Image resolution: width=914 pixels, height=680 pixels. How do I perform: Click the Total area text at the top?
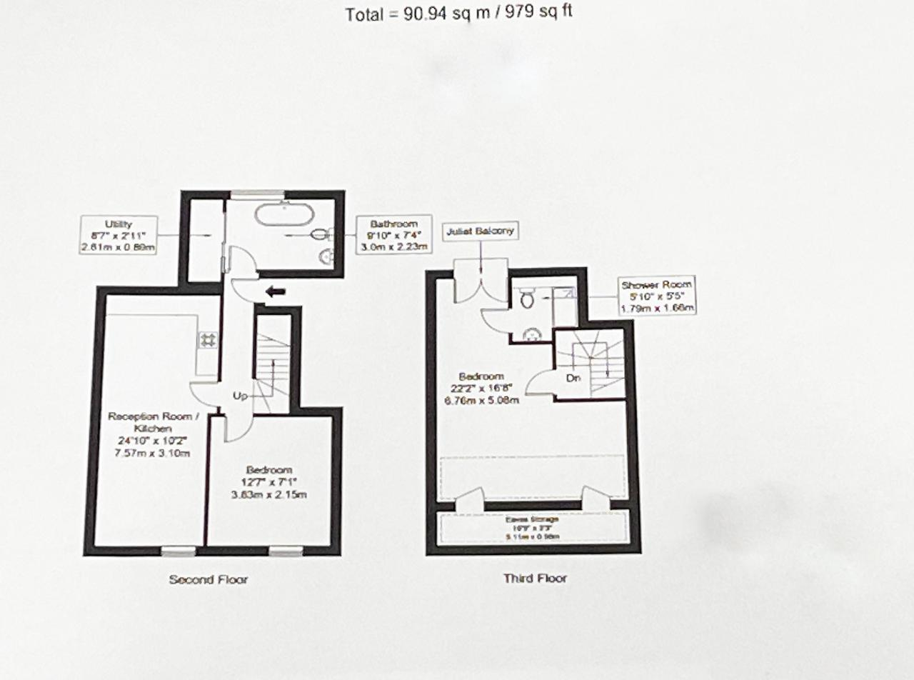pyautogui.click(x=458, y=13)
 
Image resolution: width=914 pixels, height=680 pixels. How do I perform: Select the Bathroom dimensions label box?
pyautogui.click(x=396, y=235)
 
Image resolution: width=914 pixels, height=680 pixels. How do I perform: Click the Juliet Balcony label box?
pyautogui.click(x=481, y=231)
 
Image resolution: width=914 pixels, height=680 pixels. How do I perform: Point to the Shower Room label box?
pyautogui.click(x=656, y=296)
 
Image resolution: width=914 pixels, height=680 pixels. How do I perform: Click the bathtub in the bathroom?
pyautogui.click(x=283, y=214)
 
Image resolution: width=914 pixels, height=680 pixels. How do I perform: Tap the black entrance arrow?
pyautogui.click(x=275, y=291)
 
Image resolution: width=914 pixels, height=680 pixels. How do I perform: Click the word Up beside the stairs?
pyautogui.click(x=240, y=395)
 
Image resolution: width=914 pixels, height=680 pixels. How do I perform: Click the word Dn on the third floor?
pyautogui.click(x=573, y=378)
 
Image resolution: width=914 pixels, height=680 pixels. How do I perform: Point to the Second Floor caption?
pyautogui.click(x=208, y=579)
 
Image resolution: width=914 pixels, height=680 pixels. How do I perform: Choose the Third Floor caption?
pyautogui.click(x=535, y=578)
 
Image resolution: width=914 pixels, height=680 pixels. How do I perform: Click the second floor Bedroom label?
pyautogui.click(x=269, y=482)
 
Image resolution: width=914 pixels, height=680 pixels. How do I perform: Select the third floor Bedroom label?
pyautogui.click(x=481, y=388)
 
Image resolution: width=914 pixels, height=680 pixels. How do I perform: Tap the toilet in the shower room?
pyautogui.click(x=528, y=299)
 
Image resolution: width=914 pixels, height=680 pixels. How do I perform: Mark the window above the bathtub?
pyautogui.click(x=258, y=193)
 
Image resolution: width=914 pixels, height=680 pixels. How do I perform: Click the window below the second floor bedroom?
pyautogui.click(x=286, y=551)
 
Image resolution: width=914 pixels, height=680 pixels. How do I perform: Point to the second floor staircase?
pyautogui.click(x=272, y=364)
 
